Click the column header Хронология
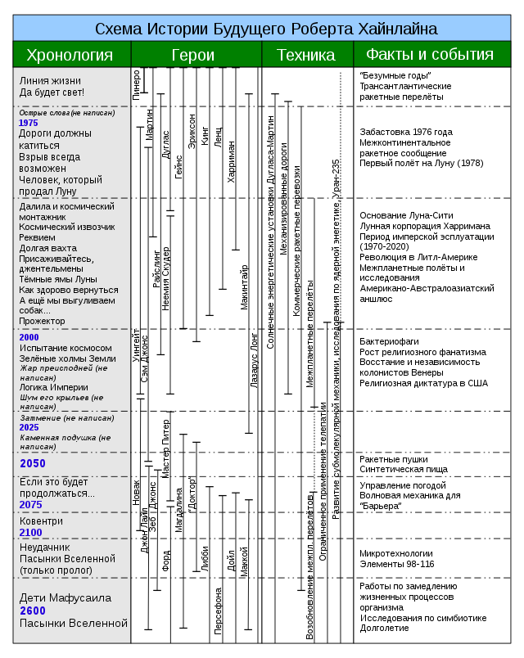[70, 55]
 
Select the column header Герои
[193, 55]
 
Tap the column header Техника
[305, 55]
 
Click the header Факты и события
[430, 55]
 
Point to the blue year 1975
[29, 123]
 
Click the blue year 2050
[33, 463]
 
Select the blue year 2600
[34, 611]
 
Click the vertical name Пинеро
[136, 85]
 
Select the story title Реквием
[38, 237]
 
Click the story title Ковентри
[41, 521]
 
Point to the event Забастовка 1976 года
[406, 132]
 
